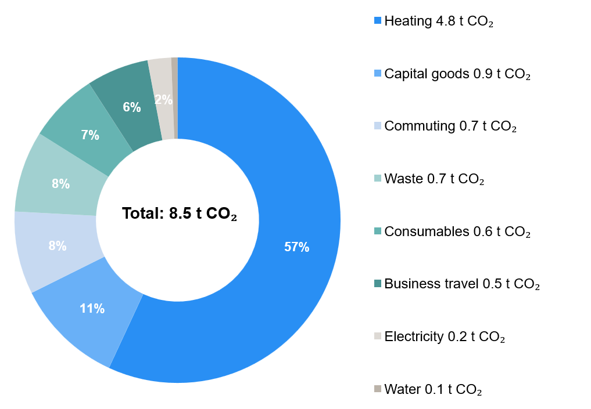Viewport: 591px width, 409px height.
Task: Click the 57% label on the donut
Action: (296, 247)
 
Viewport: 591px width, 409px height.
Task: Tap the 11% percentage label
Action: (92, 309)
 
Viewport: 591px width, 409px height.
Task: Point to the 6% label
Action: (132, 107)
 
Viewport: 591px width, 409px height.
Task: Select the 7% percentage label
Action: (90, 136)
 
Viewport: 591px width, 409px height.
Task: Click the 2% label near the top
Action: (163, 100)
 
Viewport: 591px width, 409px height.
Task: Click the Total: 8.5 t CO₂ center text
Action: (181, 214)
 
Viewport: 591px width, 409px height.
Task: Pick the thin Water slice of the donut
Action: (174, 99)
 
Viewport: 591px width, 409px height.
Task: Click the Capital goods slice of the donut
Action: (81, 325)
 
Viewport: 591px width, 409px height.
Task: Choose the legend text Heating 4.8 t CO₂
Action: (439, 21)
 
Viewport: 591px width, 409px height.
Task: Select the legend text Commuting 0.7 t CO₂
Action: (450, 126)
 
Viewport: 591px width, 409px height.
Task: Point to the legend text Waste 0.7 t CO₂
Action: (434, 179)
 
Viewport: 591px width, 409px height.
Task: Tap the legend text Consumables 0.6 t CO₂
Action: (457, 231)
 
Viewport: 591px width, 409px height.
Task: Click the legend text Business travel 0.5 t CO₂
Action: (462, 284)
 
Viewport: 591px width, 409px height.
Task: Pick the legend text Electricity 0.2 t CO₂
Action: (445, 336)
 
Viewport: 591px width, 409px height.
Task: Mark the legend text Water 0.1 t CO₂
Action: (433, 389)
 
